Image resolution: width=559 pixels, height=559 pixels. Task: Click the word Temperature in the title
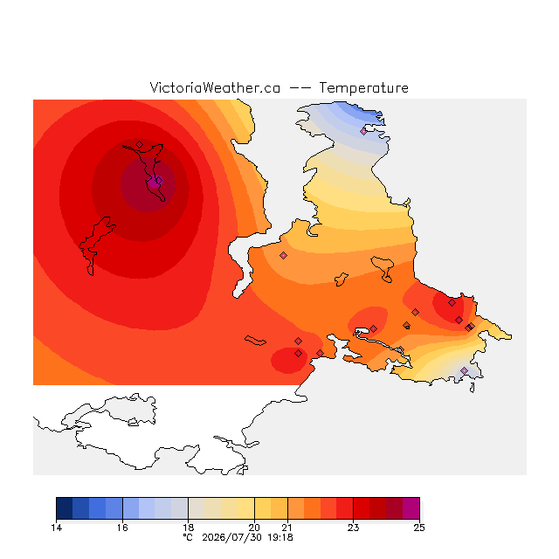pyautogui.click(x=363, y=88)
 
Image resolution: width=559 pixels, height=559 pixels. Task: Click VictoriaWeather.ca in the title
pyautogui.click(x=215, y=88)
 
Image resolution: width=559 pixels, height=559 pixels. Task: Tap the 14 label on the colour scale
pyautogui.click(x=56, y=528)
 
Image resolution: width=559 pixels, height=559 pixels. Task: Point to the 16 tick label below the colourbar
pyautogui.click(x=122, y=528)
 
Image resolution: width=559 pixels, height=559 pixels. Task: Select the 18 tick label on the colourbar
pyautogui.click(x=189, y=528)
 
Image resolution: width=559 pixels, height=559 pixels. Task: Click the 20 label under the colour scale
pyautogui.click(x=254, y=528)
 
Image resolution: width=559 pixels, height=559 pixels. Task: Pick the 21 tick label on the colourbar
pyautogui.click(x=287, y=528)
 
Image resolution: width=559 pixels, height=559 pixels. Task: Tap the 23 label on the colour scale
pyautogui.click(x=353, y=528)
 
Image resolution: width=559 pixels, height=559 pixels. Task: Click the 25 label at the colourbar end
pyautogui.click(x=419, y=528)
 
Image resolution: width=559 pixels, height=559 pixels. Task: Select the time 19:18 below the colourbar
pyautogui.click(x=280, y=537)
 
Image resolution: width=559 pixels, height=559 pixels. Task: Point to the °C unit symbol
pyautogui.click(x=188, y=537)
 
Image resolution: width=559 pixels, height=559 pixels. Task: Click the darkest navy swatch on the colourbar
pyautogui.click(x=65, y=508)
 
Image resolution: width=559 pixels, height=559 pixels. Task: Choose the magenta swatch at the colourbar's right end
pyautogui.click(x=411, y=508)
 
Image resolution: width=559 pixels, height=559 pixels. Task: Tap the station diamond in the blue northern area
pyautogui.click(x=363, y=132)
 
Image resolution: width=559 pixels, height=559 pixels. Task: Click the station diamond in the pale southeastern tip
pyautogui.click(x=464, y=370)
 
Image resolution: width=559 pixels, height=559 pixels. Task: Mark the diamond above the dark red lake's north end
pyautogui.click(x=140, y=144)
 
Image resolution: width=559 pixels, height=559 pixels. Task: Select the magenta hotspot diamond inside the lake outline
pyautogui.click(x=159, y=181)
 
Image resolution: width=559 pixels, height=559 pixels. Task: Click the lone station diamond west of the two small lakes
pyautogui.click(x=283, y=255)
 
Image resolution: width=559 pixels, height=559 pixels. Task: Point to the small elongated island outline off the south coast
pyautogui.click(x=255, y=341)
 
